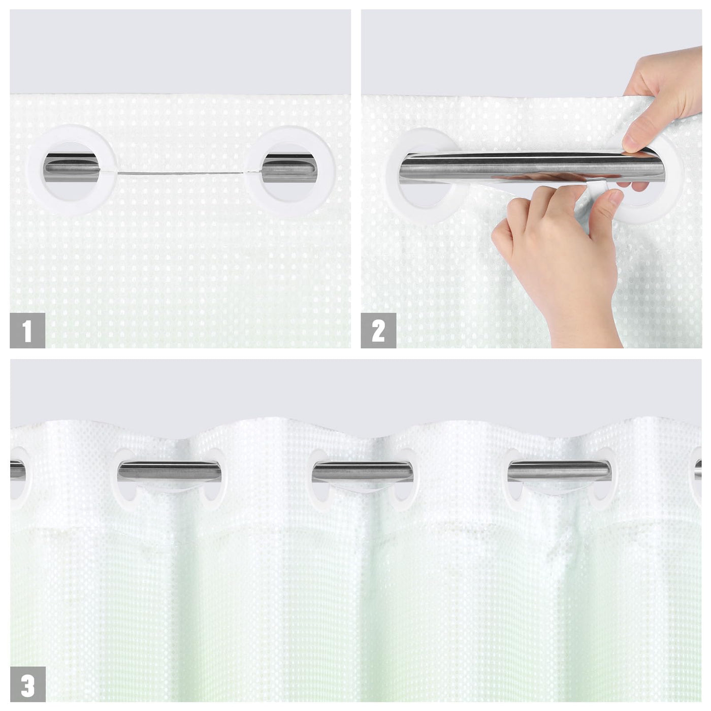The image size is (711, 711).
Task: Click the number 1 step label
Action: pos(27,330)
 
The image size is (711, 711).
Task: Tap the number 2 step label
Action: pos(378,330)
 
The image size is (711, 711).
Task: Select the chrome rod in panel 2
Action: pos(531,167)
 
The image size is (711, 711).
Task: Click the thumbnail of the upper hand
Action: pos(632,140)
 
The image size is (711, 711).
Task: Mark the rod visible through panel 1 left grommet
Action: pos(72,168)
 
